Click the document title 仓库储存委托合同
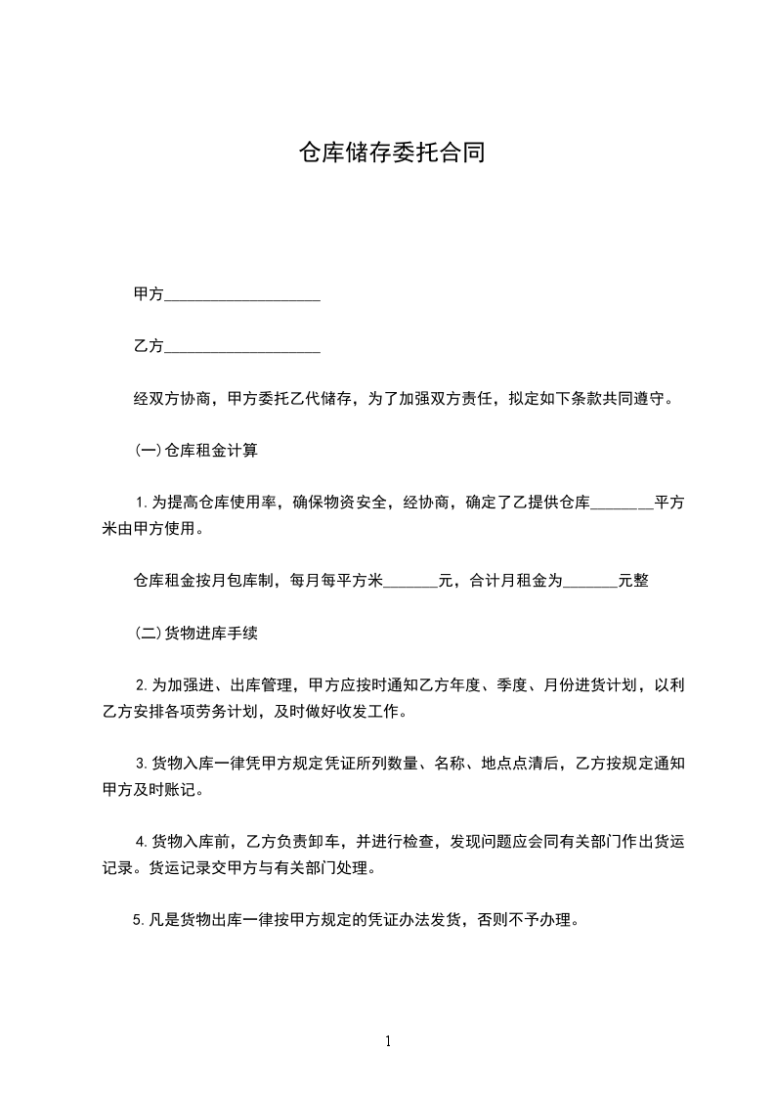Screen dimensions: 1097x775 [391, 154]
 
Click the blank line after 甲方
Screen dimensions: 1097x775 [242, 295]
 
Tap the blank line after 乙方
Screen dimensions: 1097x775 [242, 347]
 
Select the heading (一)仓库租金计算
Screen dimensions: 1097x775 [195, 452]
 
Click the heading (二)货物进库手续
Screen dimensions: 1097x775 [195, 634]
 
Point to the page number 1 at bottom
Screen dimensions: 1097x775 [388, 1041]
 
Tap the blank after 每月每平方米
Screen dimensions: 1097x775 [409, 582]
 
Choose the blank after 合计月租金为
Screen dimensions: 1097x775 [590, 582]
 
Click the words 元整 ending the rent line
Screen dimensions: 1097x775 [633, 581]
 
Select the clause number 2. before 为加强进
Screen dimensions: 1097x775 [143, 685]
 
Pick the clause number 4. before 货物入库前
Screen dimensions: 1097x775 [143, 842]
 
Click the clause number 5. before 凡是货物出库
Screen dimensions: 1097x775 [143, 920]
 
